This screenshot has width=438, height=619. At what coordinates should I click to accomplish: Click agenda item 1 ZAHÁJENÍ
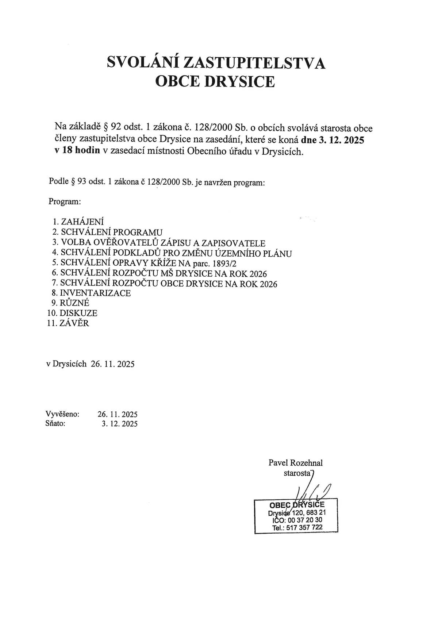coord(82,222)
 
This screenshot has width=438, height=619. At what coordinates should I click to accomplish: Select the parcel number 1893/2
coord(224,264)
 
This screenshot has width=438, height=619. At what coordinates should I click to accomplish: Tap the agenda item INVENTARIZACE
coord(95,293)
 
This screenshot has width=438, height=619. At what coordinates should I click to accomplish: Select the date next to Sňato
coord(120,424)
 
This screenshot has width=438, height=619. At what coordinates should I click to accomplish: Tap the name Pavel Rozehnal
coord(296,463)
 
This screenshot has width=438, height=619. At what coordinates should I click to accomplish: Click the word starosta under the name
coord(296,473)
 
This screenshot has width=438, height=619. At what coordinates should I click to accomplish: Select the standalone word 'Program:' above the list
coord(65,201)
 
